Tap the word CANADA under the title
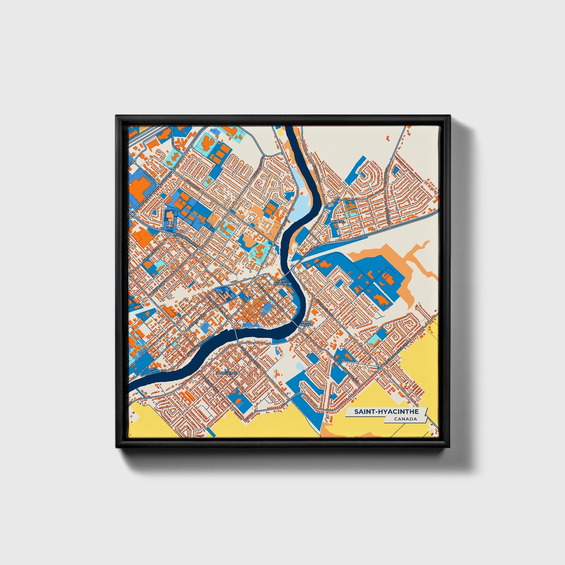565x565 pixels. click(405, 419)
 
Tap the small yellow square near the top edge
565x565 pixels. click(280, 131)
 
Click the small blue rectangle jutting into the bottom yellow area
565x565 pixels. click(212, 432)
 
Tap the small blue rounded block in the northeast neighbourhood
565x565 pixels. click(397, 170)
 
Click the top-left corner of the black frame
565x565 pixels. click(117, 116)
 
